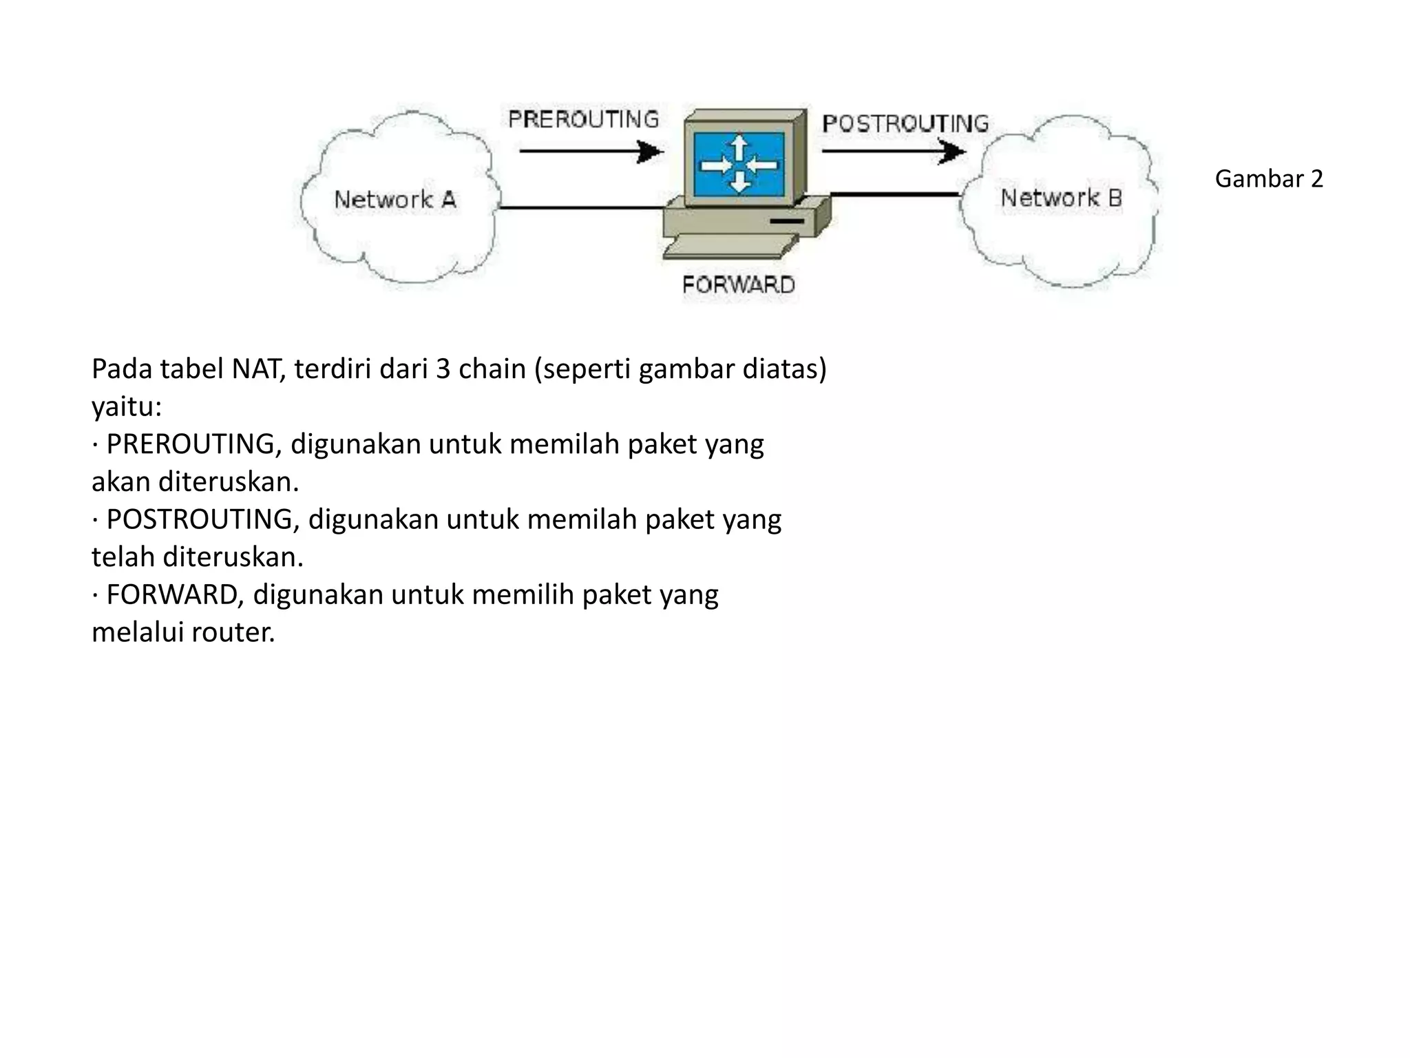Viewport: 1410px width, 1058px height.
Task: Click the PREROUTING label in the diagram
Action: point(583,119)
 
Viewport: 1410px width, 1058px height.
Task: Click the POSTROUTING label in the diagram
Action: point(905,123)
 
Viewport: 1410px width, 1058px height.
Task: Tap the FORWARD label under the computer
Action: point(738,284)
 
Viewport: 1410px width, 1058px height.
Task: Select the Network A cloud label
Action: point(395,200)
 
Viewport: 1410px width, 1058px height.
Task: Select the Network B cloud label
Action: point(1061,198)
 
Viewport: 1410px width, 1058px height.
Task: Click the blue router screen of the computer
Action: point(739,165)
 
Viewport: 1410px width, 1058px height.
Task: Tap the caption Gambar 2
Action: point(1269,179)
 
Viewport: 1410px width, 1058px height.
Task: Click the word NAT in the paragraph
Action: point(257,369)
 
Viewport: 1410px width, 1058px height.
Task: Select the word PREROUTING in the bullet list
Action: point(191,444)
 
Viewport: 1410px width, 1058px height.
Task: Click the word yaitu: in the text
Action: point(127,407)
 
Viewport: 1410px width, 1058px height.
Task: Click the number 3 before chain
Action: point(443,369)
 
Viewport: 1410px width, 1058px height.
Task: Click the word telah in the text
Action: point(123,557)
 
